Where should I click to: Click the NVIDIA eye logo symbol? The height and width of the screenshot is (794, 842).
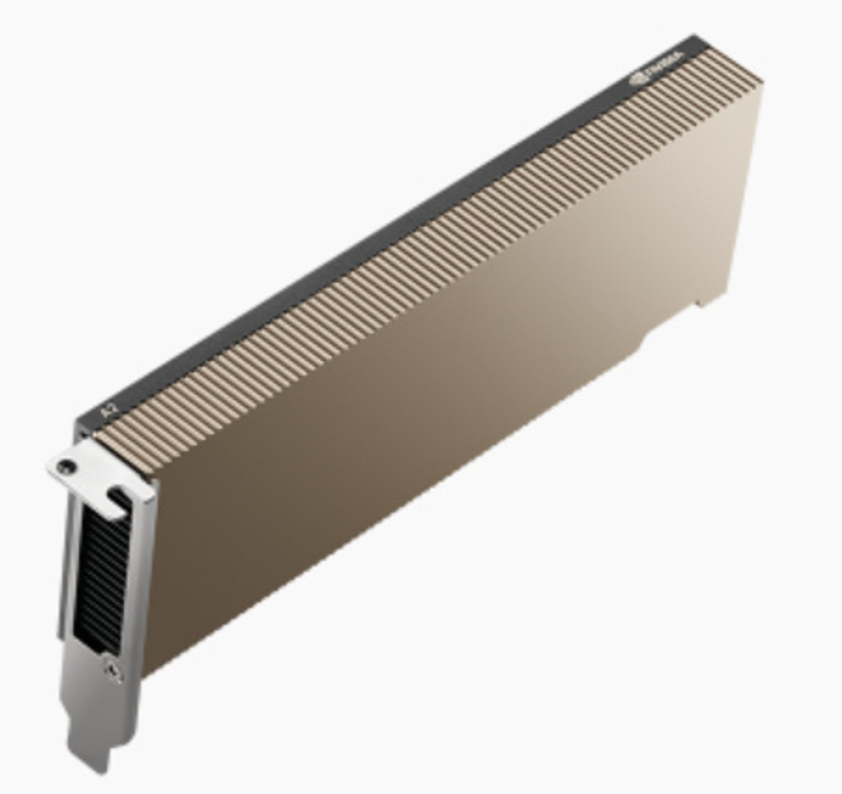tap(641, 78)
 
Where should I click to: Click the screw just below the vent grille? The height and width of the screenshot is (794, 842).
tap(113, 670)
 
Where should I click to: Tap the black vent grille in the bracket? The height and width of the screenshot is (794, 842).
tap(99, 572)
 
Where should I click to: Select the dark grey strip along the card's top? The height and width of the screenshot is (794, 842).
tap(379, 244)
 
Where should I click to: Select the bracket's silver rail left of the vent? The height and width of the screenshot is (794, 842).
tap(67, 572)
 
